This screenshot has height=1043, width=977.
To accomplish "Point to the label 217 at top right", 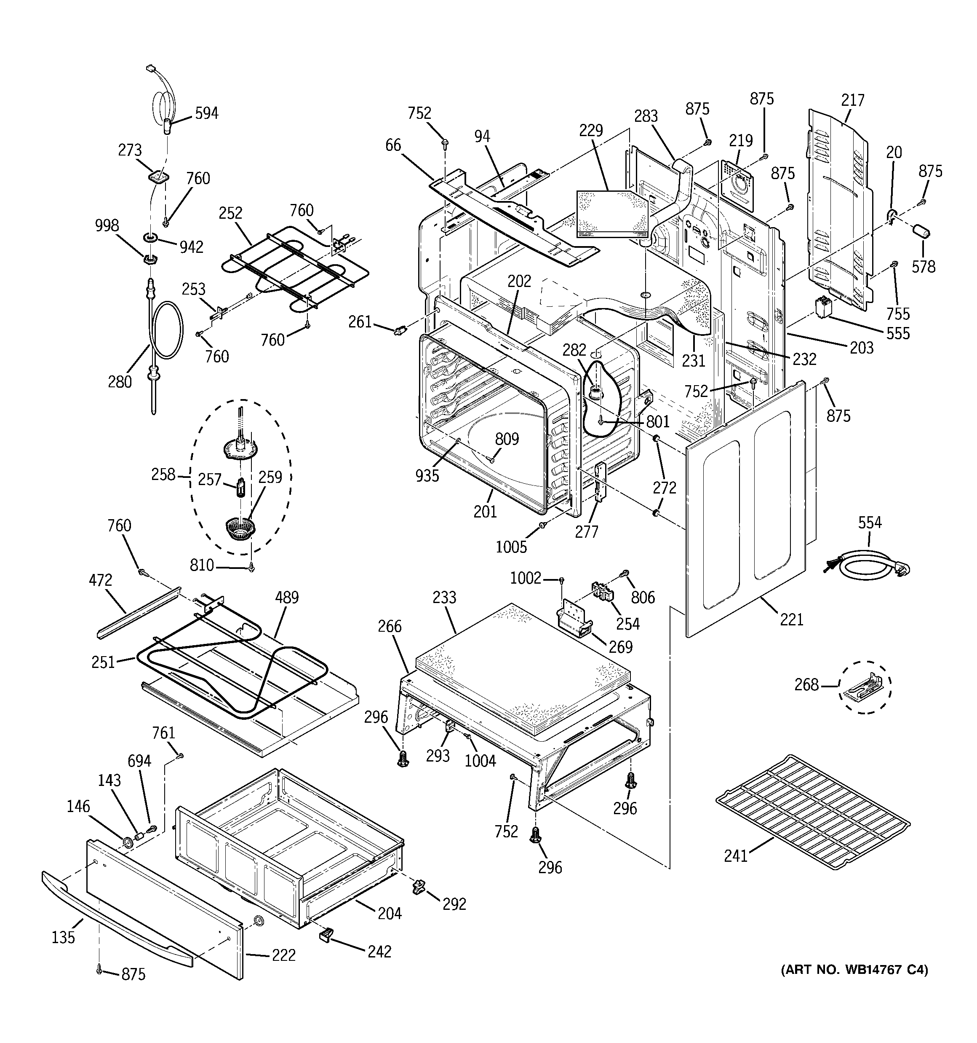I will (x=852, y=100).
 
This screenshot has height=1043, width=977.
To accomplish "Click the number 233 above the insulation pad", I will (x=444, y=597).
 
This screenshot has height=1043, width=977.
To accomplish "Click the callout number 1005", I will (x=511, y=547).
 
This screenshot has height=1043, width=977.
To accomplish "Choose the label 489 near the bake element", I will (x=286, y=597).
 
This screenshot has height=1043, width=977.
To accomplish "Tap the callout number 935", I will (x=427, y=475).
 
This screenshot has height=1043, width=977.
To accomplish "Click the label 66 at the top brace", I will (x=393, y=145).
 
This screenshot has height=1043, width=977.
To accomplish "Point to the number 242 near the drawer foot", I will (x=379, y=951).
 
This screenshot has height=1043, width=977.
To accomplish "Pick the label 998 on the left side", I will (x=107, y=225).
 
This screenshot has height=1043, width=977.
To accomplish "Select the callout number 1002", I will (x=526, y=578).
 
